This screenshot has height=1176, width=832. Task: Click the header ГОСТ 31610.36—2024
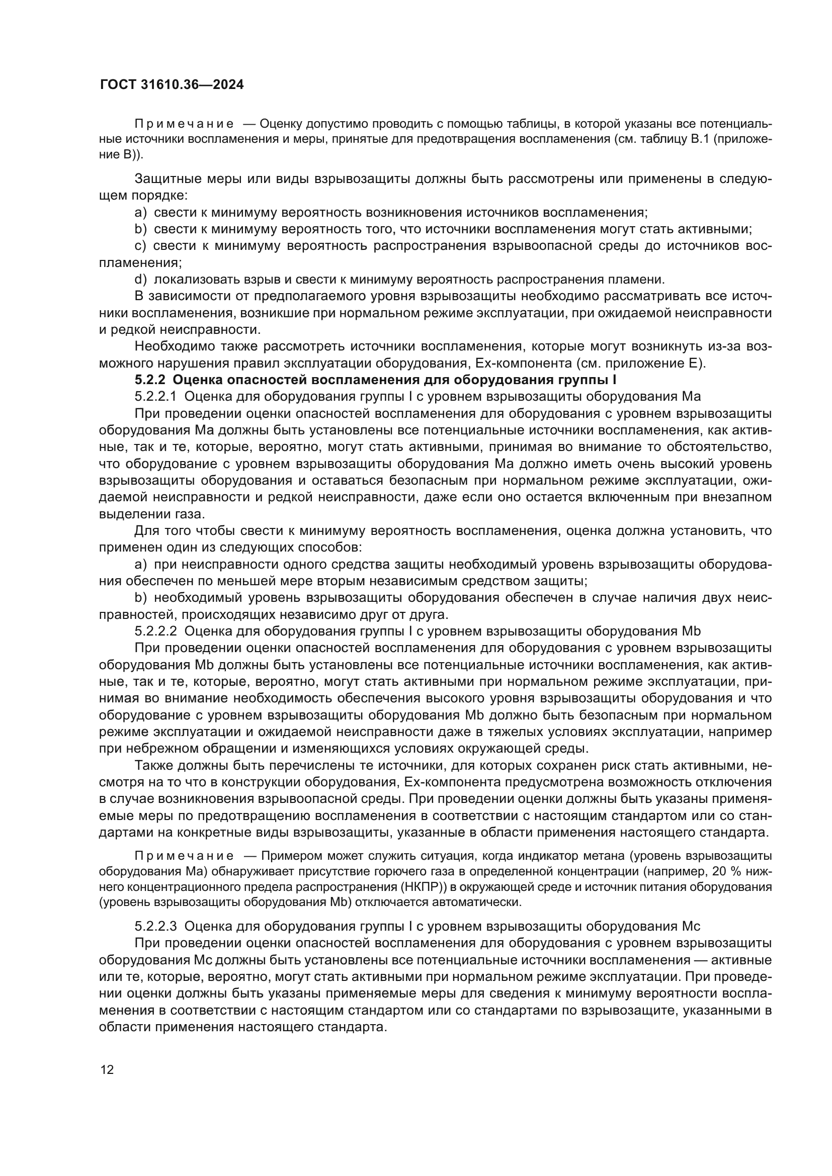pyautogui.click(x=171, y=85)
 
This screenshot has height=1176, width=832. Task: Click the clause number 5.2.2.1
pyautogui.click(x=155, y=396)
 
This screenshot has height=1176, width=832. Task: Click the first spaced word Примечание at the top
pyautogui.click(x=184, y=124)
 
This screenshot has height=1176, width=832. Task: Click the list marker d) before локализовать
pyautogui.click(x=140, y=280)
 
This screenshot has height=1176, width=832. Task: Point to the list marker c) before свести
pyautogui.click(x=140, y=246)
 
